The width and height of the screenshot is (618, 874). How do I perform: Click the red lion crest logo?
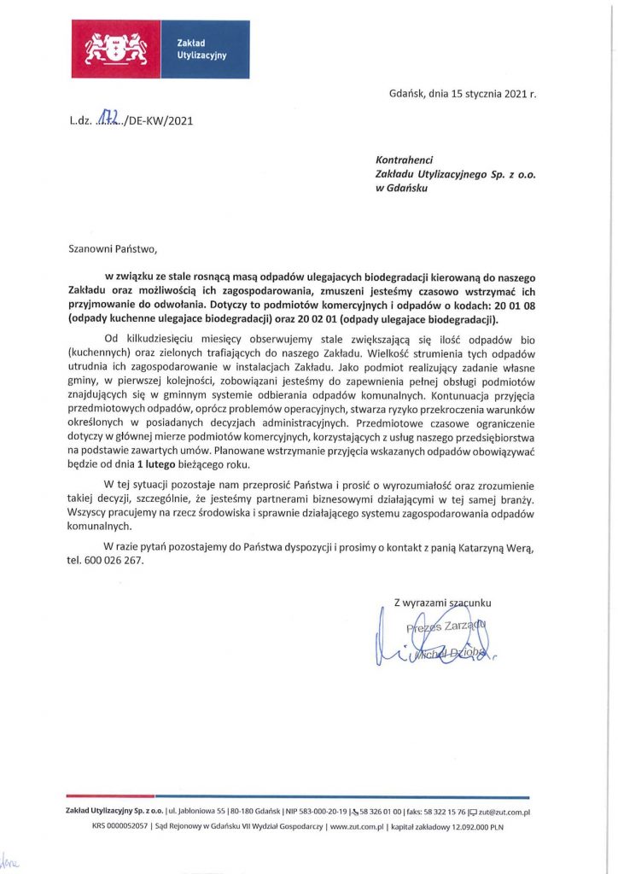coord(115,49)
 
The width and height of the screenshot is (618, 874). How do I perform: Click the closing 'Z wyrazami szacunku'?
coord(442,603)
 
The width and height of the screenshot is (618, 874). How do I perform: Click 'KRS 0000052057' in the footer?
coord(120,826)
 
